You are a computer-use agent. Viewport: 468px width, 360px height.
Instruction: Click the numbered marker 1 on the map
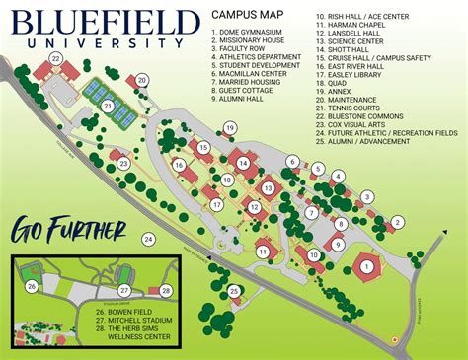pyautogui.click(x=366, y=263)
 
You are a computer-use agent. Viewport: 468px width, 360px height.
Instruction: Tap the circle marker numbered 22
pyautogui.click(x=55, y=60)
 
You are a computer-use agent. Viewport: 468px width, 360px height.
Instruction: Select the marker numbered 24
pyautogui.click(x=148, y=239)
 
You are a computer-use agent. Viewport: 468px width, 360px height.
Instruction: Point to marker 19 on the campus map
pyautogui.click(x=229, y=128)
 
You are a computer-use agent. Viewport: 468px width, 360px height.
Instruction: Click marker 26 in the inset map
pyautogui.click(x=32, y=287)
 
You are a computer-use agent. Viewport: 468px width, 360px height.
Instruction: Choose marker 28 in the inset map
pyautogui.click(x=166, y=290)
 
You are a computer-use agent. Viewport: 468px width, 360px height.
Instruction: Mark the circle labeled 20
pyautogui.click(x=141, y=80)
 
